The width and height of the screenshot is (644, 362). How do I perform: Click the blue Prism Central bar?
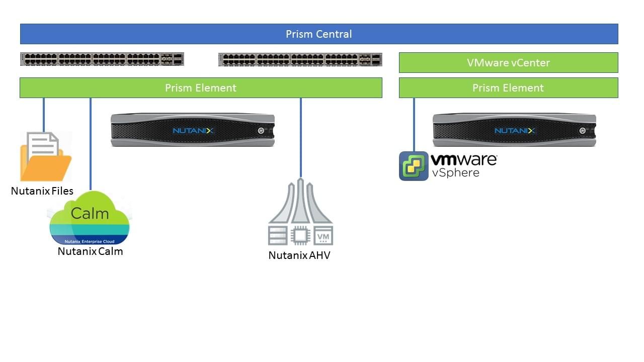pyautogui.click(x=319, y=34)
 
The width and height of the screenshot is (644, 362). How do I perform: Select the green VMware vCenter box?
pyautogui.click(x=508, y=63)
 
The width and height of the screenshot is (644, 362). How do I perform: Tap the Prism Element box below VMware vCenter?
pyautogui.click(x=508, y=88)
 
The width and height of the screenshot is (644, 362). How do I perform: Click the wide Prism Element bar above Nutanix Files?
pyautogui.click(x=201, y=88)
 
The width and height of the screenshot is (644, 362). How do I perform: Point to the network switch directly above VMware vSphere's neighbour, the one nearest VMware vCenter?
pyautogui.click(x=300, y=59)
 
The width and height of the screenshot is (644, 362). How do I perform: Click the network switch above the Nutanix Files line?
pyautogui.click(x=102, y=59)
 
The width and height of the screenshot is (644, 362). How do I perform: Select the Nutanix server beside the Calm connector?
pyautogui.click(x=193, y=130)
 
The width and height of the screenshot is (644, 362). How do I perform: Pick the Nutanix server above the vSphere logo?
pyautogui.click(x=514, y=130)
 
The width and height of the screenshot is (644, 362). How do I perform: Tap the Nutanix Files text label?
pyautogui.click(x=42, y=191)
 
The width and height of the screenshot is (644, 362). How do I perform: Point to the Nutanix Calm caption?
pyautogui.click(x=90, y=251)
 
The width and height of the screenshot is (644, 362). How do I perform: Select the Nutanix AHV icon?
pyautogui.click(x=300, y=211)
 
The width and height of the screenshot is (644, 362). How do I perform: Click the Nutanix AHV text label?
pyautogui.click(x=299, y=255)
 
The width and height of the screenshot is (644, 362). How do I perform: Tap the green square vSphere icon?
pyautogui.click(x=414, y=166)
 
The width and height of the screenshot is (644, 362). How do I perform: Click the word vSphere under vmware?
pyautogui.click(x=455, y=172)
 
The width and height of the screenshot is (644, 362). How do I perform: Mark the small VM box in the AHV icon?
pyautogui.click(x=323, y=235)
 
